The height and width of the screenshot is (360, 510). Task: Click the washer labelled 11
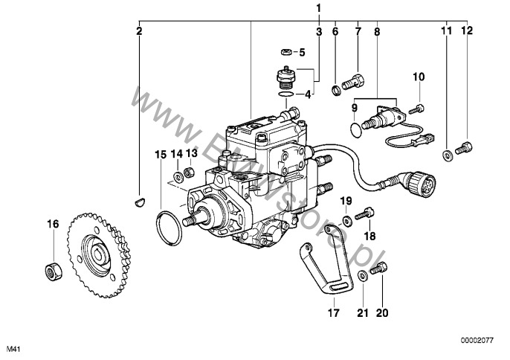pos(447,155)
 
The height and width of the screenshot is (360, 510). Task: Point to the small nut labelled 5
pos(285,52)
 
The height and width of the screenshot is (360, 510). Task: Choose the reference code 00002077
pos(475,339)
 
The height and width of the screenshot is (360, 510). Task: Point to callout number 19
pos(346,201)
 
